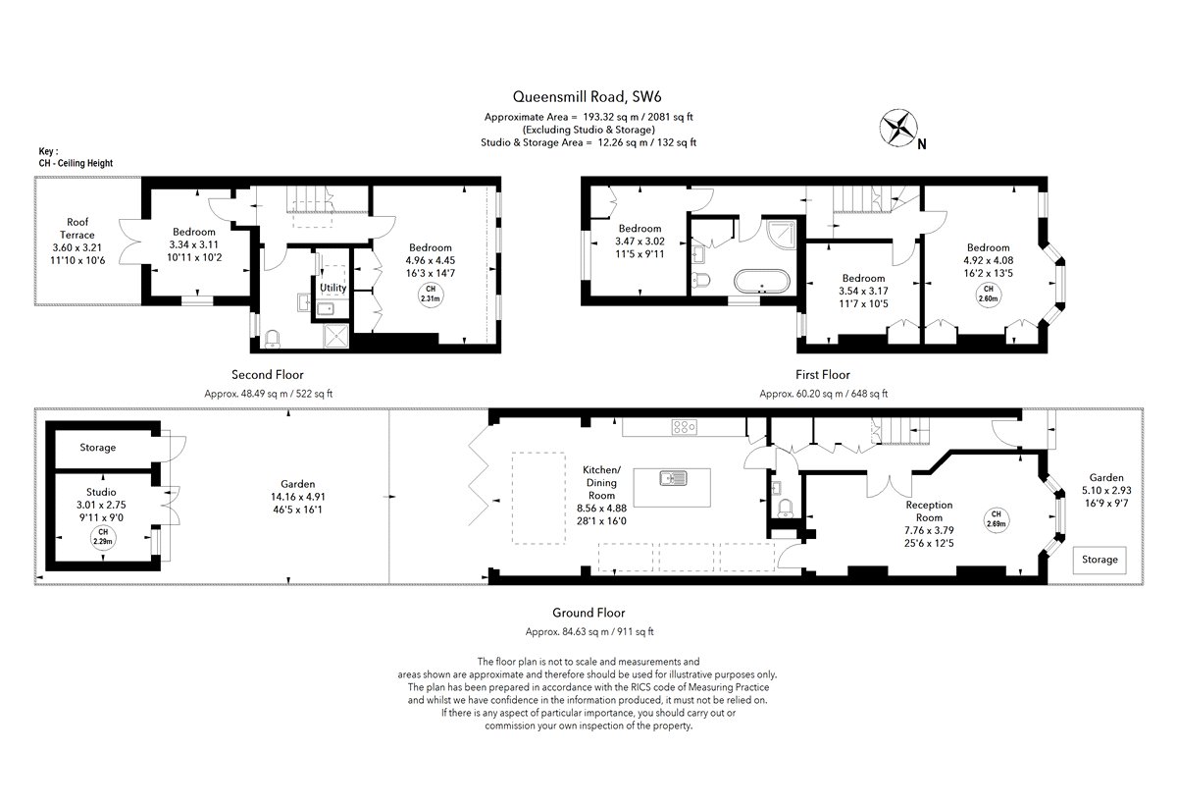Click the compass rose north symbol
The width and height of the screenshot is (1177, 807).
click(x=898, y=128)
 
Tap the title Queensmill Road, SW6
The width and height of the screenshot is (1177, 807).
click(x=587, y=97)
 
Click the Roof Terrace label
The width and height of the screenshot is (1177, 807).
click(x=77, y=229)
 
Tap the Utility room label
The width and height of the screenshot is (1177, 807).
click(x=333, y=288)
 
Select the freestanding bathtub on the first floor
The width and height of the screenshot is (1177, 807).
click(x=761, y=282)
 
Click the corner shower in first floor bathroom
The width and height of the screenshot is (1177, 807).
click(x=781, y=235)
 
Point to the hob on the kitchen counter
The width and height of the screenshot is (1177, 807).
click(x=685, y=427)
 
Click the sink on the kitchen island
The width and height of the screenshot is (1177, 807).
click(x=673, y=478)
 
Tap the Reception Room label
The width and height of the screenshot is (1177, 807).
click(x=929, y=511)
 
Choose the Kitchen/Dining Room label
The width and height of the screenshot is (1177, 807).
click(x=601, y=482)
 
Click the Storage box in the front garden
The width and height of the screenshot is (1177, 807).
click(x=1100, y=560)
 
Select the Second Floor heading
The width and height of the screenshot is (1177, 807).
click(x=268, y=375)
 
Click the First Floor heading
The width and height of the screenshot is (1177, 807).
click(x=822, y=375)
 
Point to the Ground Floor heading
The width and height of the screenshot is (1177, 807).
click(x=588, y=613)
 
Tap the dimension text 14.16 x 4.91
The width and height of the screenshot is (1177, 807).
click(x=298, y=497)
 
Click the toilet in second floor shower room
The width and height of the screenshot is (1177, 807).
click(x=273, y=339)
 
